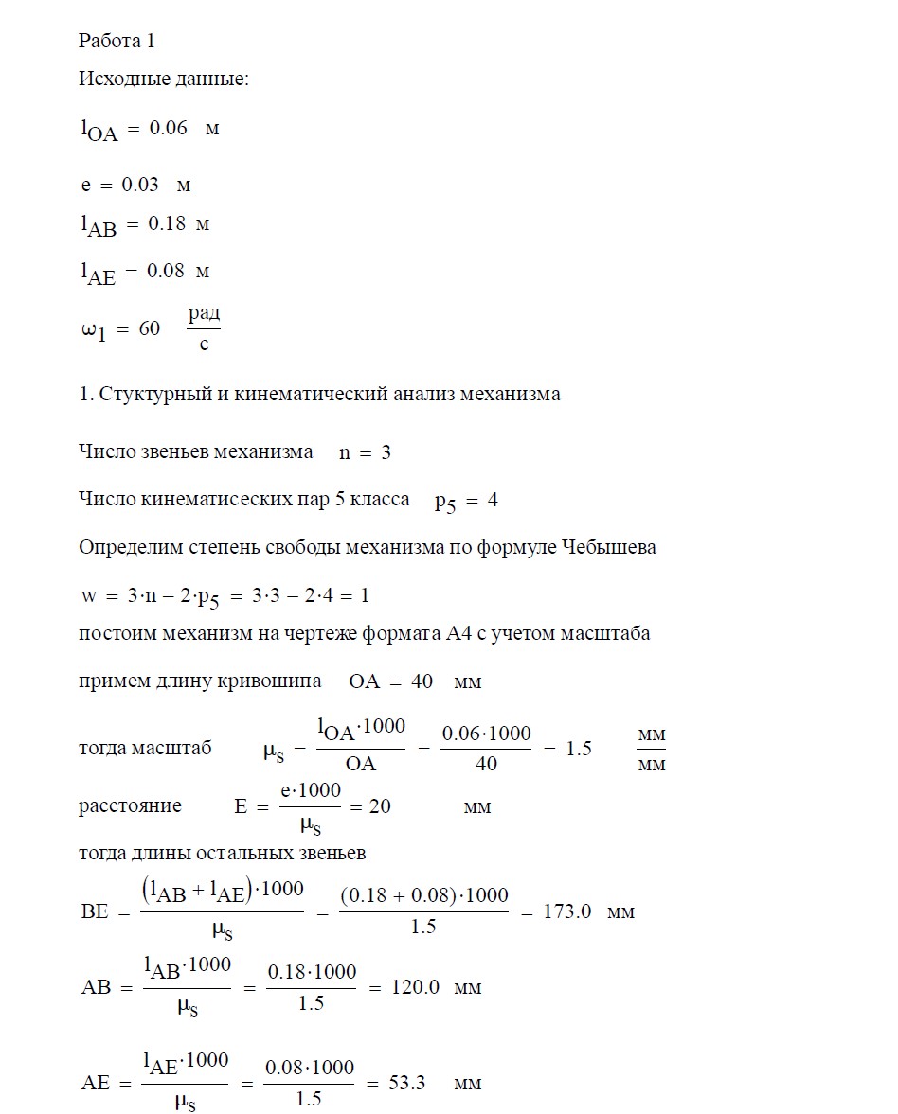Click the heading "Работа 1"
pos(116,41)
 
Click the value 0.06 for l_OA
pos(169,128)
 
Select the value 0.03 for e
pos(140,185)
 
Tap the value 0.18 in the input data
pos(166,224)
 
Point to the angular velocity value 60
pos(149,328)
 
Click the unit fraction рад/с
pos(204,327)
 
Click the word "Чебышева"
pos(608,548)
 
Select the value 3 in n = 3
pos(386,452)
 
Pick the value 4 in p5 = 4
pos(493,501)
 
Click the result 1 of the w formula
pos(365,595)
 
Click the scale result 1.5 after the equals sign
pos(578,749)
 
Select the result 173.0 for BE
pos(568,912)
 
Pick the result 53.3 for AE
pos(406,1083)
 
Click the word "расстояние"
pos(130,806)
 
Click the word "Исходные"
pos(117,80)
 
